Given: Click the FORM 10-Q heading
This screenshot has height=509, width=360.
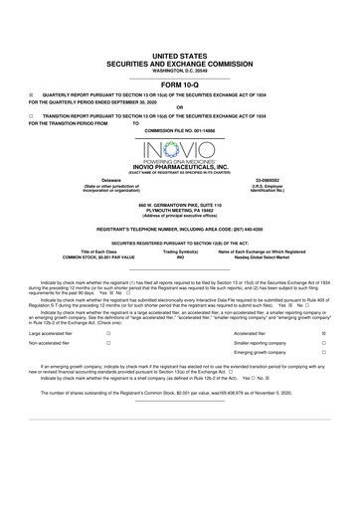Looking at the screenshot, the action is pyautogui.click(x=180, y=85).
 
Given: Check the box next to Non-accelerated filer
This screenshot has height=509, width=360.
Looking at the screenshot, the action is pyautogui.click(x=107, y=343).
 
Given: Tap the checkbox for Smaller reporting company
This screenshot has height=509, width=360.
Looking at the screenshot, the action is pyautogui.click(x=324, y=343).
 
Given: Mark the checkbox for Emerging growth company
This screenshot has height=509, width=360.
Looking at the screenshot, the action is pyautogui.click(x=324, y=353).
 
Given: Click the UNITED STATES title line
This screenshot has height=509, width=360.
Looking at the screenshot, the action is pyautogui.click(x=180, y=60).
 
